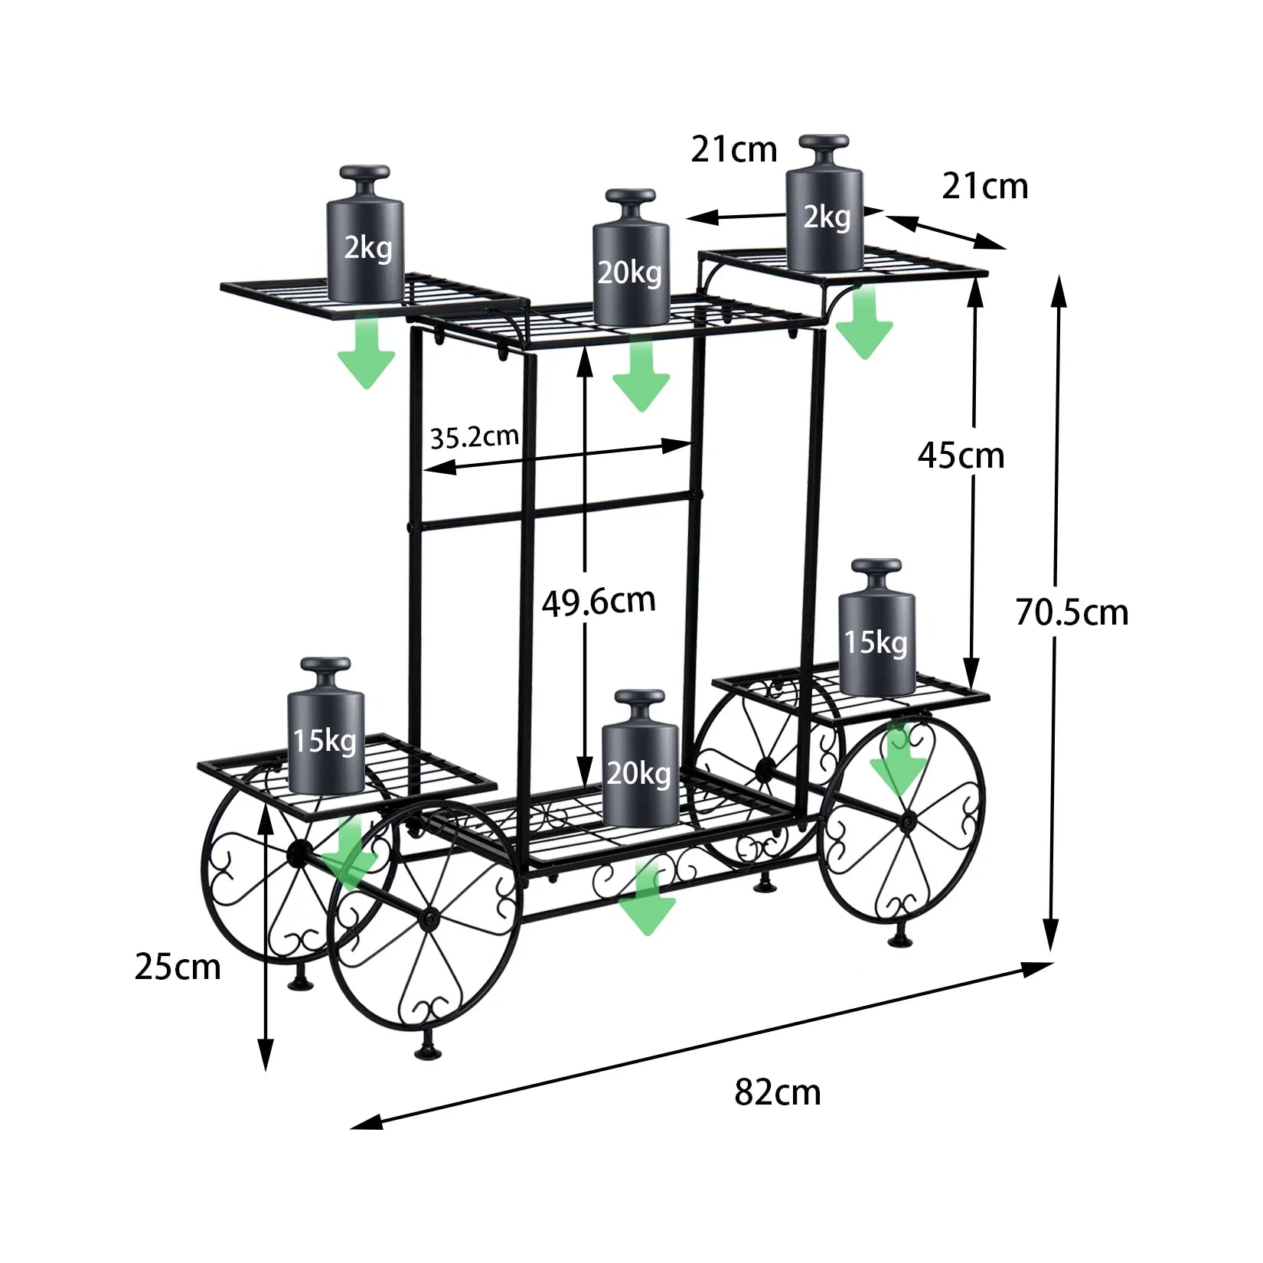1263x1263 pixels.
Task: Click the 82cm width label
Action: click(777, 1092)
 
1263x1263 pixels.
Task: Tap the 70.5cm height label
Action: click(1072, 613)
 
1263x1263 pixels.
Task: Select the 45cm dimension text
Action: click(961, 456)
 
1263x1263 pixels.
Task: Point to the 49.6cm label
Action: click(599, 602)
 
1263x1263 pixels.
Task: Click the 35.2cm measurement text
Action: click(474, 438)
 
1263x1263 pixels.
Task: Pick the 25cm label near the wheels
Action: click(178, 968)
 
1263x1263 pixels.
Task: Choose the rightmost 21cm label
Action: click(984, 187)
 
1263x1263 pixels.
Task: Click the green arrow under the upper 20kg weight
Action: click(641, 375)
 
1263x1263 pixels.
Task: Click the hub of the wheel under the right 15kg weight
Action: click(908, 821)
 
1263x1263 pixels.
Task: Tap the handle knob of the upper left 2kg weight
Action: click(365, 173)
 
